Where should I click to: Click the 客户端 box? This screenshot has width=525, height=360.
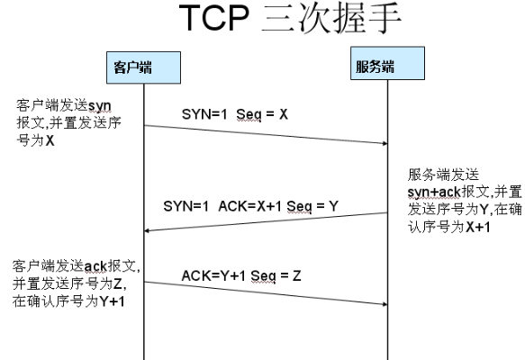143,67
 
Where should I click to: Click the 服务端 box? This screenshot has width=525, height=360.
386,67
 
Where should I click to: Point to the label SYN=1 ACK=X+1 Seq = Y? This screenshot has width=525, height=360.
251,206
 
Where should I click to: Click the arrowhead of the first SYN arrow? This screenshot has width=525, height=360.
383,143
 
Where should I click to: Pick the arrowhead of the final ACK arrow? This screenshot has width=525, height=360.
383,303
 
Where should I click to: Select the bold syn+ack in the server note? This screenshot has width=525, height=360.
430,191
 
